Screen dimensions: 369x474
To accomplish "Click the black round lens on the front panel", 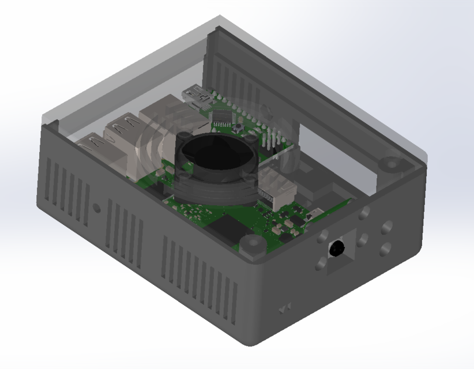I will tap(336, 248).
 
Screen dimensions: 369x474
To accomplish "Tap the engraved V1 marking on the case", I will tap(284, 310).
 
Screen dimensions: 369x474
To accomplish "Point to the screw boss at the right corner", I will tap(392, 164).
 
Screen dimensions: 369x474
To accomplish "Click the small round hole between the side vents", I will tap(97, 207).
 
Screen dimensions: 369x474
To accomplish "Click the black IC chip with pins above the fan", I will tap(223, 116).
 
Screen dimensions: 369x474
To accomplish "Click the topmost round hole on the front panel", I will tap(364, 214).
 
